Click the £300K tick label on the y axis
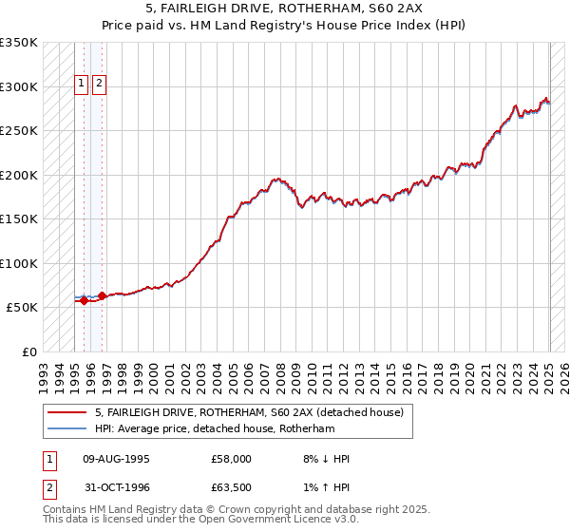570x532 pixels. [18, 86]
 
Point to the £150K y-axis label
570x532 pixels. [18, 218]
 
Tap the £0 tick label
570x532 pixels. [28, 351]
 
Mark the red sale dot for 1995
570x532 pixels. [84, 301]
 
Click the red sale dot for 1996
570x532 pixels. [103, 295]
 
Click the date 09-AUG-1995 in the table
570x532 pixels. [116, 459]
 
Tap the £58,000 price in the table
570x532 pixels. [231, 459]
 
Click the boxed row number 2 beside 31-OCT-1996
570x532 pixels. [48, 489]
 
